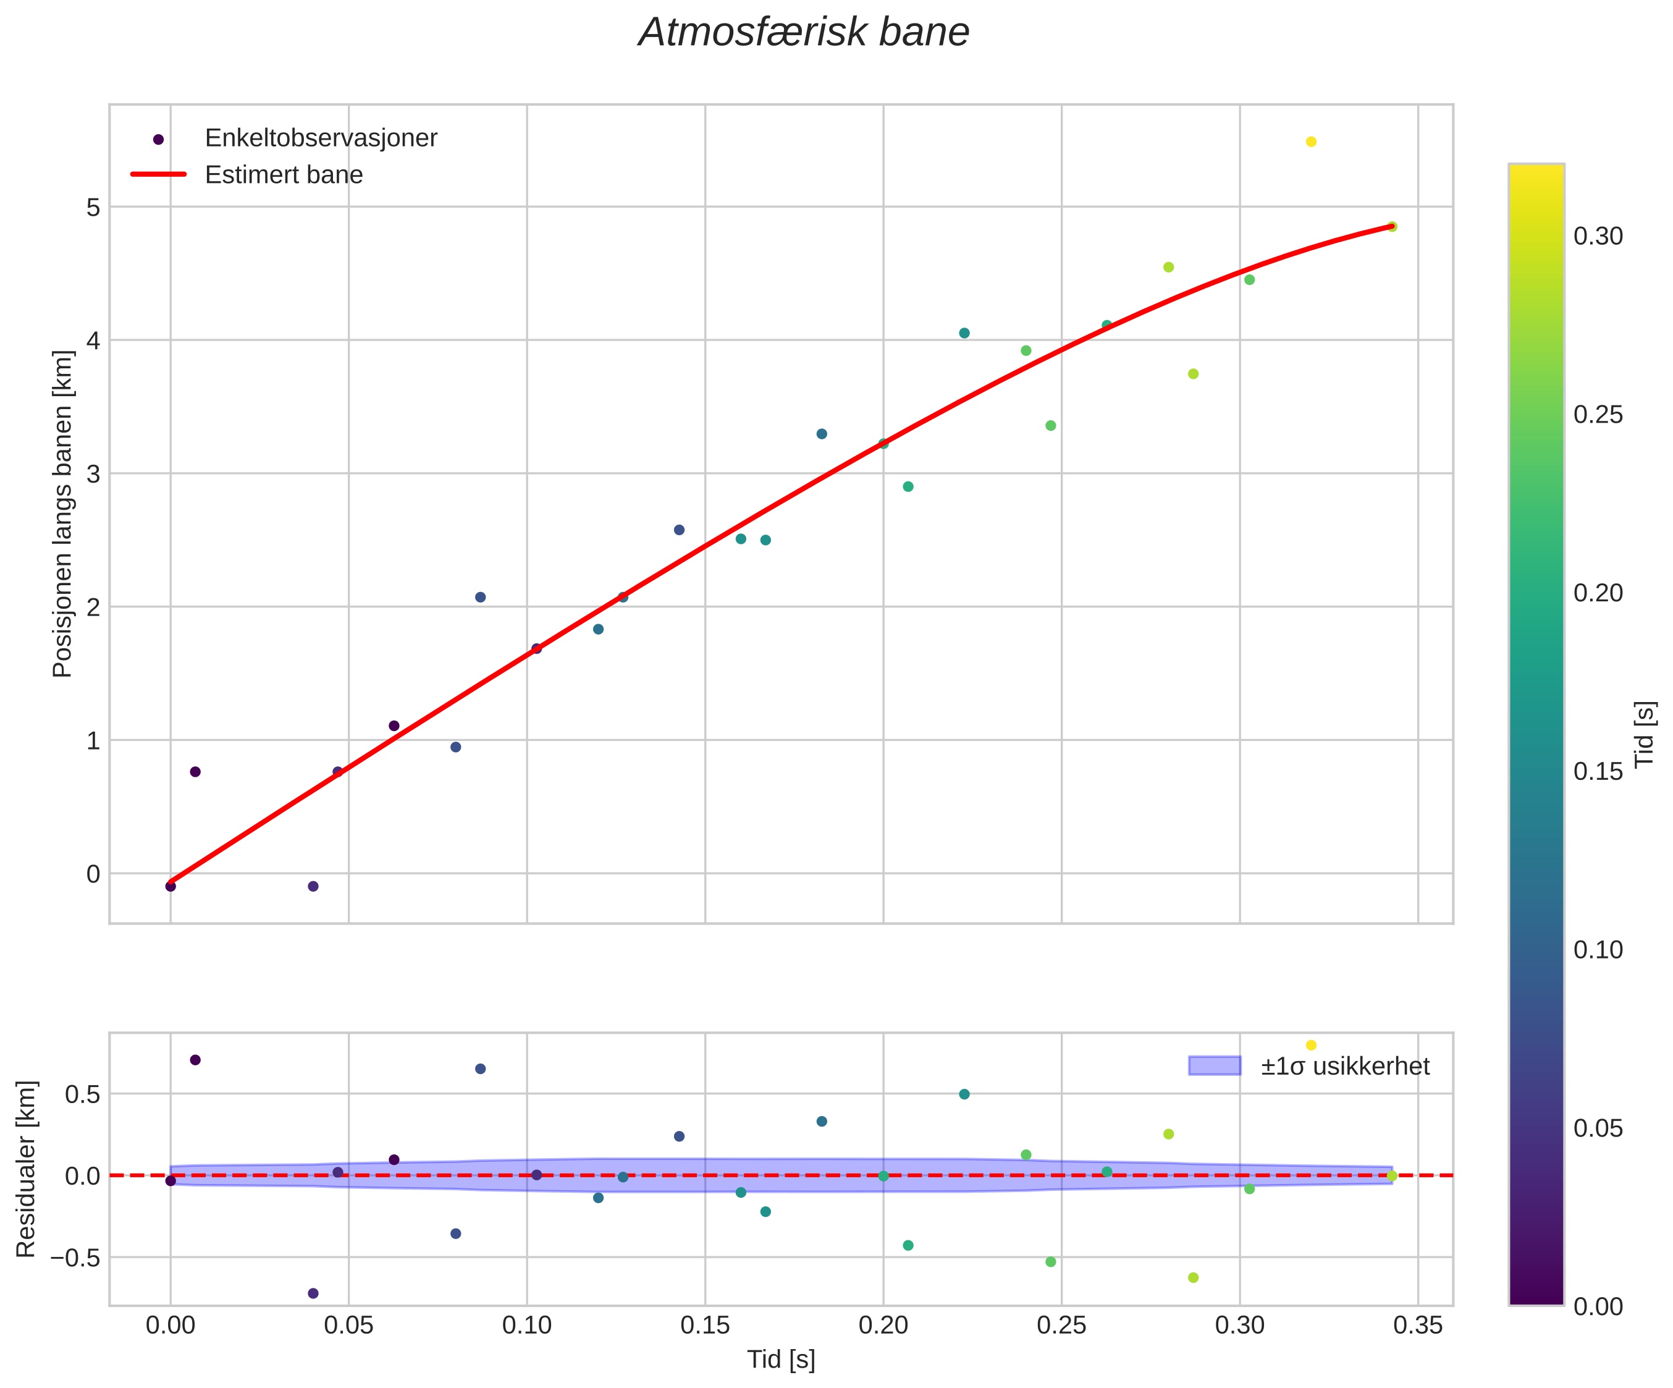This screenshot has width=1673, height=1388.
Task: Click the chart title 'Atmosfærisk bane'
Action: [x=804, y=33]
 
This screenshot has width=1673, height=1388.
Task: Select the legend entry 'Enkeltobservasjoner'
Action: [x=320, y=138]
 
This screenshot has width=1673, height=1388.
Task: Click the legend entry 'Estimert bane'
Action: [x=284, y=174]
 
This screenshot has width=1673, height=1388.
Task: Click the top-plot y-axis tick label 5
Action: [x=93, y=207]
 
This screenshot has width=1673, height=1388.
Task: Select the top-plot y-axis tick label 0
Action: [x=93, y=873]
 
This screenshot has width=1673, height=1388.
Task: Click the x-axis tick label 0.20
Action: [x=883, y=1325]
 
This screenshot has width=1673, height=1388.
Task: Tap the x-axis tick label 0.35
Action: [x=1417, y=1325]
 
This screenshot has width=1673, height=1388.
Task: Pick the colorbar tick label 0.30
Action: [x=1598, y=237]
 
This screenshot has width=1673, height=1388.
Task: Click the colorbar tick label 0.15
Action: [x=1598, y=771]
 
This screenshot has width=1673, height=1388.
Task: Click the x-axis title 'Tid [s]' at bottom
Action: [x=781, y=1360]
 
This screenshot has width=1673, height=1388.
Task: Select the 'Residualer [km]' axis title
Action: [x=27, y=1169]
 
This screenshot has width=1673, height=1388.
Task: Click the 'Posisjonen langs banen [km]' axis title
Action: [x=62, y=514]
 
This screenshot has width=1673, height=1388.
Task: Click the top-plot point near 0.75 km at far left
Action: [x=195, y=771]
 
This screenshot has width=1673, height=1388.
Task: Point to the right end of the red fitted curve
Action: [x=1391, y=226]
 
